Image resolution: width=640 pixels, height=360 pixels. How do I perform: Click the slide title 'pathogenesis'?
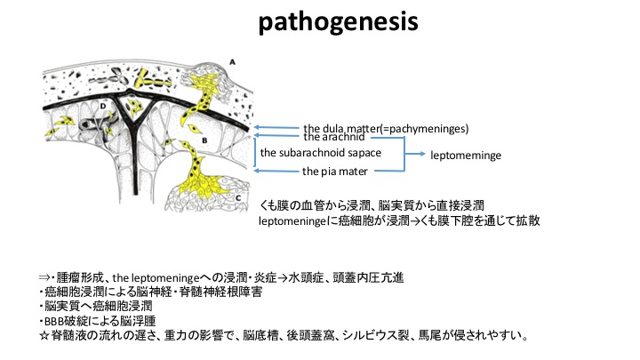339,21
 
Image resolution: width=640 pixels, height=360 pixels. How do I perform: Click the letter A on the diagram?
232,62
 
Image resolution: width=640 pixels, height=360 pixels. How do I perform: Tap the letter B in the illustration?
204,140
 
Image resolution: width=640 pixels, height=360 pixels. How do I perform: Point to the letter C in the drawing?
238,198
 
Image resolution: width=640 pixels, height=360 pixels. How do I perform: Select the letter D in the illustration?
103,106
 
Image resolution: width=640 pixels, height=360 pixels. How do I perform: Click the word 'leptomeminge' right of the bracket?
466,156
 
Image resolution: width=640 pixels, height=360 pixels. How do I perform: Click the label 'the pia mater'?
335,172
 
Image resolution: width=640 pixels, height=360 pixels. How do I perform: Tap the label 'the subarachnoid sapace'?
320,153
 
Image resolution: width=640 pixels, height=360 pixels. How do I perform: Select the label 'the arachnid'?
334,137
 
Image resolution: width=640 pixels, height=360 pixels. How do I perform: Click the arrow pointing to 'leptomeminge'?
415,154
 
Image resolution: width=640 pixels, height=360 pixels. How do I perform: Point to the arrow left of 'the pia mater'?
276,171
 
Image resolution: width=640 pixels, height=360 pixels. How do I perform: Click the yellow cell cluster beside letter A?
202,88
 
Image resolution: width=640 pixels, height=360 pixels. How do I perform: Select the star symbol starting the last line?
44,336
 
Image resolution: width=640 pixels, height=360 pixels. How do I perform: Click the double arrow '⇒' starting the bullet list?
44,278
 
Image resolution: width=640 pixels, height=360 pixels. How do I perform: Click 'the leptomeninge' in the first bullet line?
156,278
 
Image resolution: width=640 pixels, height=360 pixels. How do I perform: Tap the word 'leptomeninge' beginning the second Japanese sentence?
292,221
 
